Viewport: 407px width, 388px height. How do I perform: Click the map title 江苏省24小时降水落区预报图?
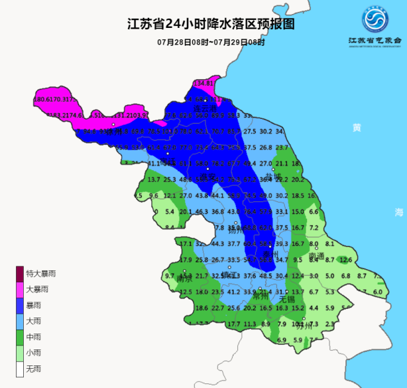click(211, 25)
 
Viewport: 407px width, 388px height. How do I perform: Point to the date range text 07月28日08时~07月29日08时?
click(211, 42)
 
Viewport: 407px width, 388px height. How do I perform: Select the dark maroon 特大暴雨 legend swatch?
click(20, 274)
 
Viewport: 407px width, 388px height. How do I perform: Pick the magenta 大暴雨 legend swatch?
click(20, 289)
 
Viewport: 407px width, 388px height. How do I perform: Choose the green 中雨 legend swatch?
click(20, 337)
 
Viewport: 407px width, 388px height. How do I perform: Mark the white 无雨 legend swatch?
click(20, 368)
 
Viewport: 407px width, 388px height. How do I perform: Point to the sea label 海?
click(398, 212)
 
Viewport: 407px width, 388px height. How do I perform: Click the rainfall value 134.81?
click(203, 83)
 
